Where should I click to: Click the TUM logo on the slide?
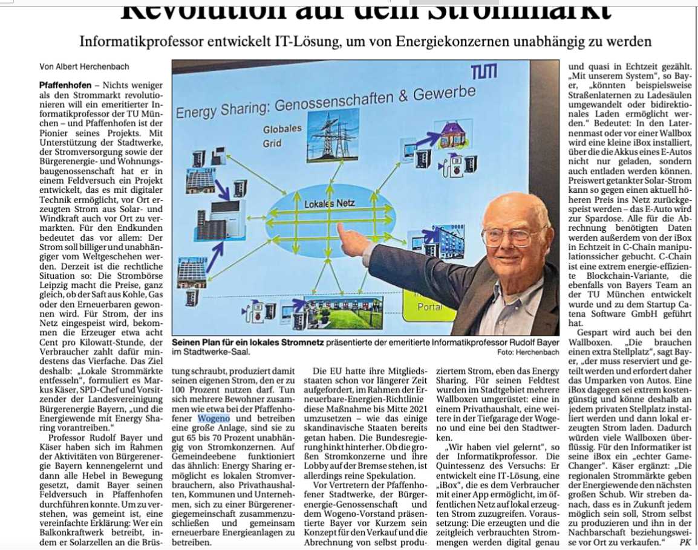tap(484, 74)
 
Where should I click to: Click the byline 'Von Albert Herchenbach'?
tap(84, 66)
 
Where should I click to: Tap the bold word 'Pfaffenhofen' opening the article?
tap(64, 86)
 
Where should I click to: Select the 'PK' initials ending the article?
tap(685, 542)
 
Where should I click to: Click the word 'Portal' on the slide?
tap(430, 307)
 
